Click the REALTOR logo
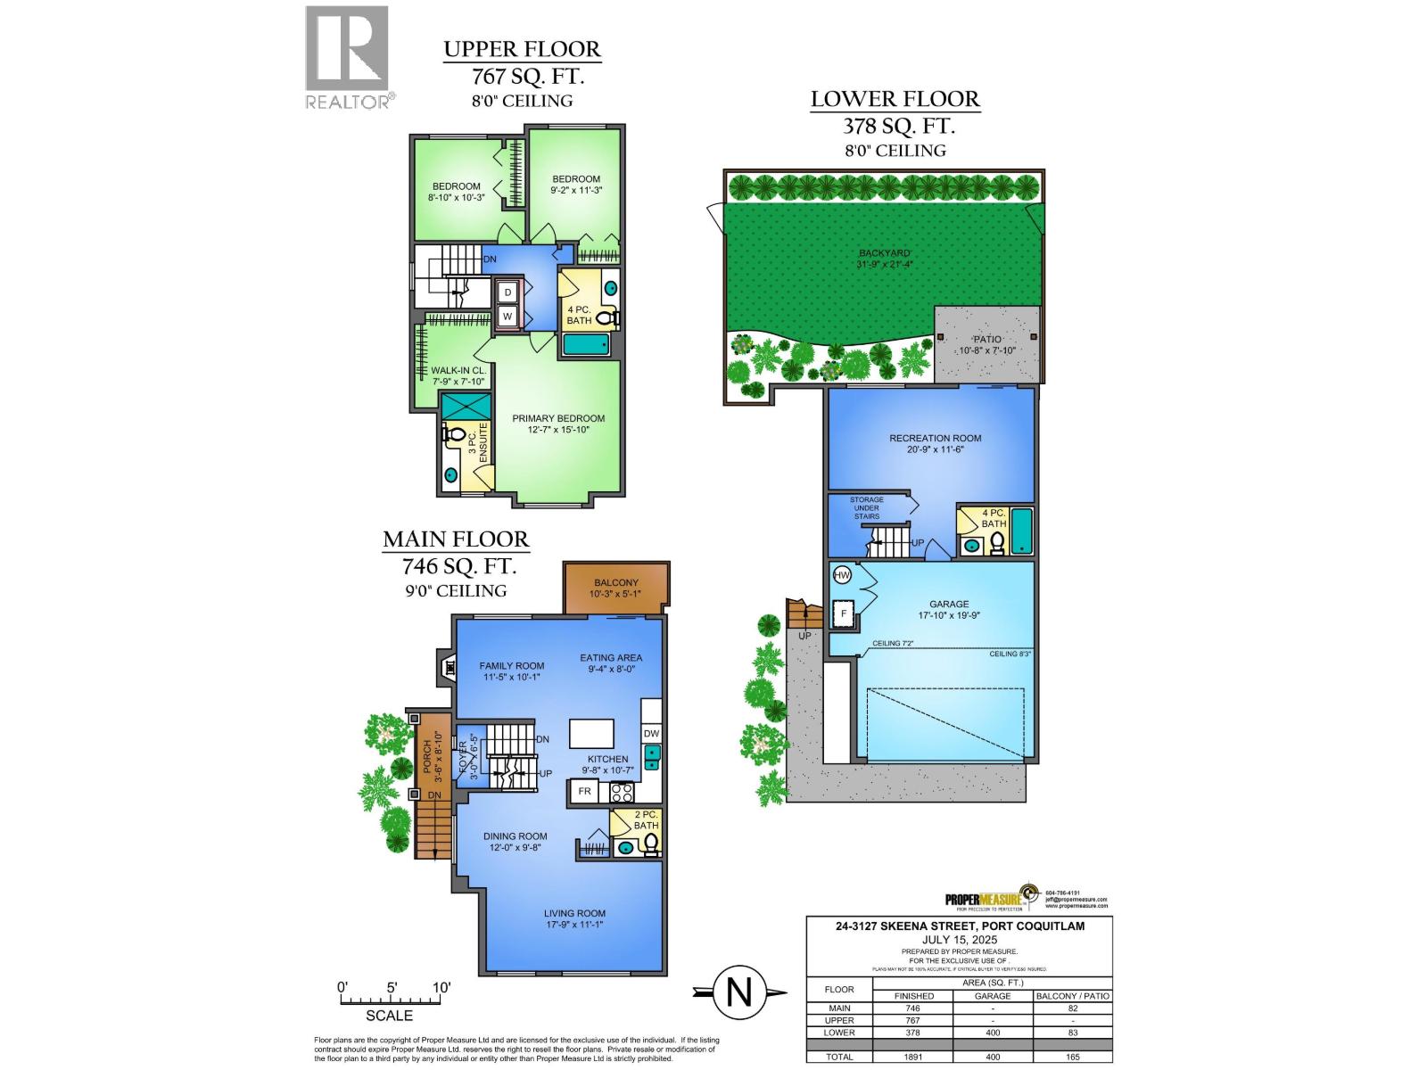point(348,58)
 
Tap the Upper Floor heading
point(522,49)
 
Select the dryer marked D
point(507,292)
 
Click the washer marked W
point(507,316)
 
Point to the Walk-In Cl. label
point(458,370)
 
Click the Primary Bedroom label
point(557,418)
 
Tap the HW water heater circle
point(842,576)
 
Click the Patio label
point(987,340)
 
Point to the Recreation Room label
point(935,438)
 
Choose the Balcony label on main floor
point(615,582)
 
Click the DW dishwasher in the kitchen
point(651,734)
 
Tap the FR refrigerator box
point(585,792)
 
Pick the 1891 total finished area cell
point(914,1057)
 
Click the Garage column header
point(992,996)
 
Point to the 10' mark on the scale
point(441,988)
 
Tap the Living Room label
point(575,913)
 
